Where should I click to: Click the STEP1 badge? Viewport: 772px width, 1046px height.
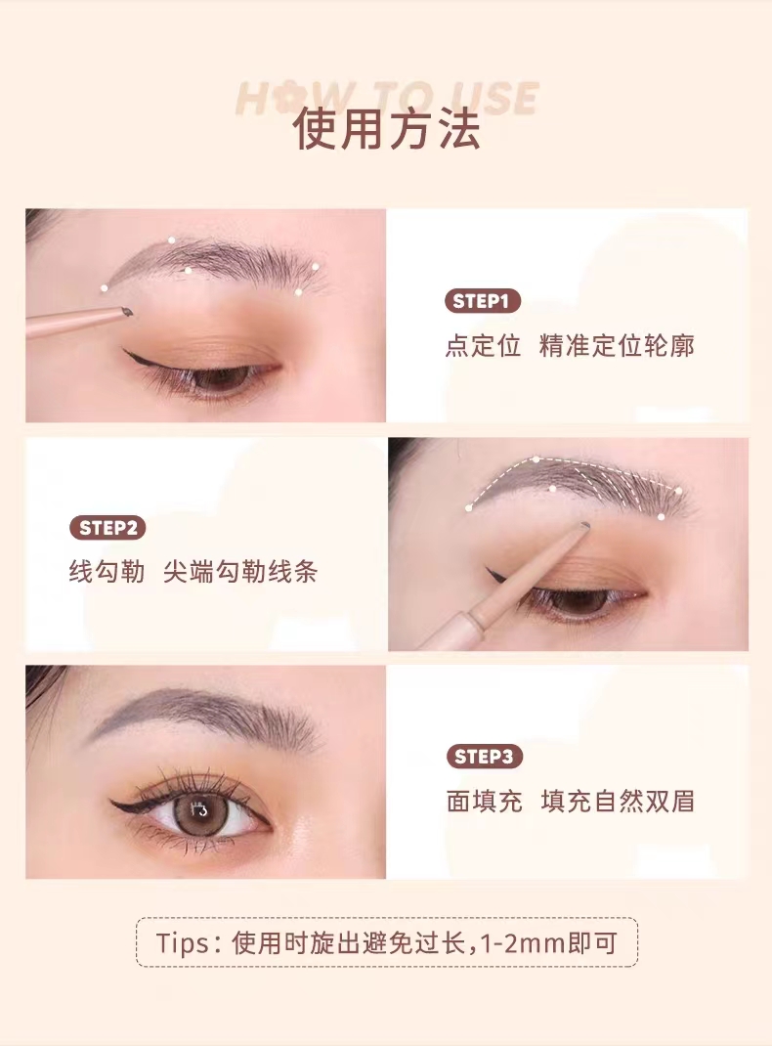click(483, 301)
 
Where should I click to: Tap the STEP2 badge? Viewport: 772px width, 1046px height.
click(107, 528)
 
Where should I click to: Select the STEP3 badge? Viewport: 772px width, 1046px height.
click(484, 756)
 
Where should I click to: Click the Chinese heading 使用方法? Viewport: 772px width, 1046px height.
click(387, 129)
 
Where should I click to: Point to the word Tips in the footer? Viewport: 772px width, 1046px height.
click(183, 942)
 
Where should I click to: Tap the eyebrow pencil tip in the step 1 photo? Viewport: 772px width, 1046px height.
click(127, 311)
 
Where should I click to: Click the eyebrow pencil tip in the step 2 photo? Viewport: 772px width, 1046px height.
click(584, 526)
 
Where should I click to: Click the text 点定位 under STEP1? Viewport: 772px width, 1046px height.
click(483, 345)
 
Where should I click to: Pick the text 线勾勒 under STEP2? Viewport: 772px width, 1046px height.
click(107, 572)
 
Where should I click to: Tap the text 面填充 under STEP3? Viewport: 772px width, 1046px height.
click(485, 801)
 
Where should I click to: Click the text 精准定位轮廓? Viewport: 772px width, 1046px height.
click(617, 345)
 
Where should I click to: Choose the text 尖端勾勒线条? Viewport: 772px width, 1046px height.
click(240, 572)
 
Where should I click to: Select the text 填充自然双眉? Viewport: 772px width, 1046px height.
click(618, 801)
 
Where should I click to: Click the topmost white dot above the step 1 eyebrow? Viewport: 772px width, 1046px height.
click(171, 240)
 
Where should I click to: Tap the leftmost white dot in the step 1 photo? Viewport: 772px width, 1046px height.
click(104, 288)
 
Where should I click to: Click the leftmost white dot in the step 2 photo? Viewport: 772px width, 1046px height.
click(469, 507)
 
